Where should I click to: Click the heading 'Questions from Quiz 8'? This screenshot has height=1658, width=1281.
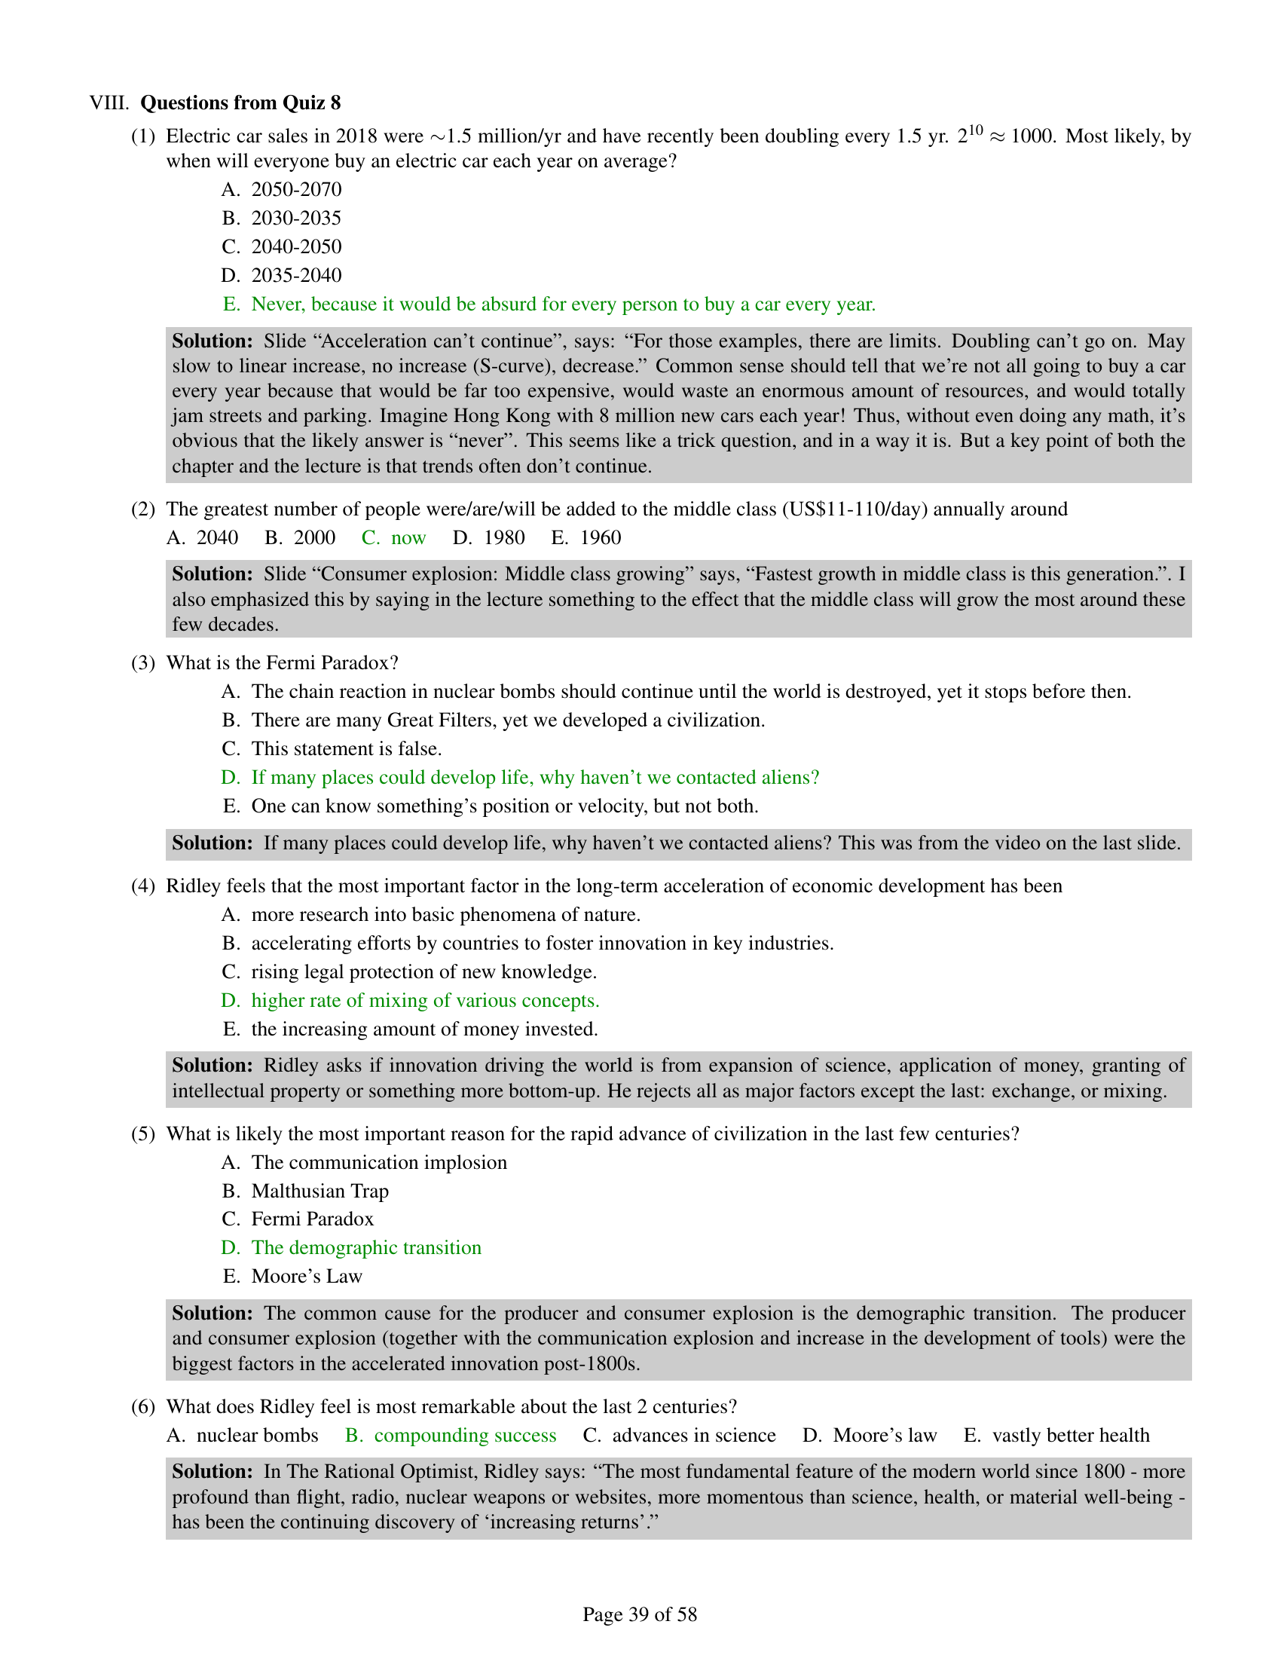240,102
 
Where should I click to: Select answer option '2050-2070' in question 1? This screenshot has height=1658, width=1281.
296,189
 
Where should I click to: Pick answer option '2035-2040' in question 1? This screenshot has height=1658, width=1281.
296,275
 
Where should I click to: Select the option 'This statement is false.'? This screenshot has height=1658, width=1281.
346,748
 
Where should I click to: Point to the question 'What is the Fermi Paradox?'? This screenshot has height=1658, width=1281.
283,662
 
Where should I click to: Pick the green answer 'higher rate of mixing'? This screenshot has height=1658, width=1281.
425,1001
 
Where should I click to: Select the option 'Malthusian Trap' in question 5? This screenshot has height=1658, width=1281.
319,1190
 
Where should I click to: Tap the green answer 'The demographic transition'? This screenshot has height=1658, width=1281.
365,1247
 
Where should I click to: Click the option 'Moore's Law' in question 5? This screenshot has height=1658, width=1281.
307,1276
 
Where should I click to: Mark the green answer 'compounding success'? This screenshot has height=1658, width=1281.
465,1435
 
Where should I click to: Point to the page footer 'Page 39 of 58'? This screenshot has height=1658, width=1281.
640,1614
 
